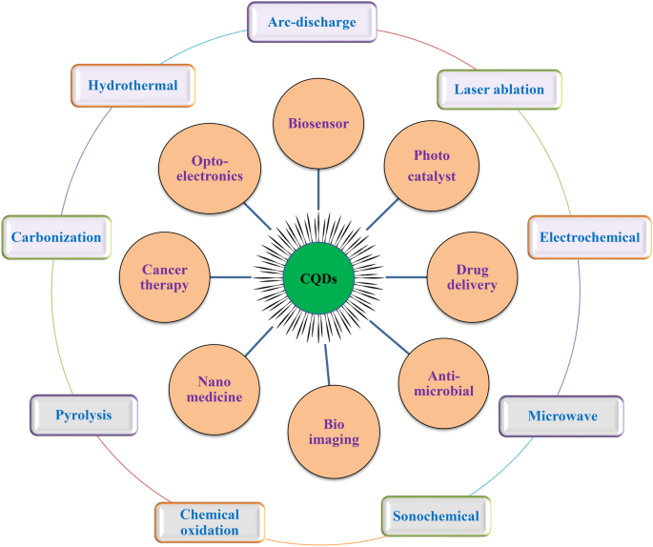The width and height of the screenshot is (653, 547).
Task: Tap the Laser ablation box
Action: coord(499,90)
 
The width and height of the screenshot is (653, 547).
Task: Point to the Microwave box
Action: coord(561,415)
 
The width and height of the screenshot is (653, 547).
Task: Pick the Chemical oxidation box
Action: coord(209,522)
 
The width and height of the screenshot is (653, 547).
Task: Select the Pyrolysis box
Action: coord(84,415)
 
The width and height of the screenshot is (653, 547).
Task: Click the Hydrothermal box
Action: coord(133,85)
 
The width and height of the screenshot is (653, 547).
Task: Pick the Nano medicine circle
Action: coord(214,387)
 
